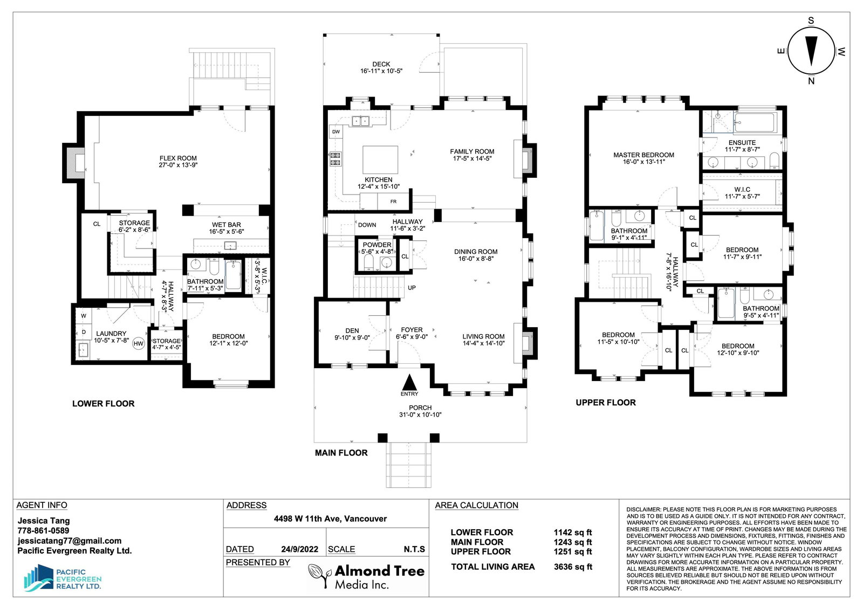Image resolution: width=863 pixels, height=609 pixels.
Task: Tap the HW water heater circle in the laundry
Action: point(138,344)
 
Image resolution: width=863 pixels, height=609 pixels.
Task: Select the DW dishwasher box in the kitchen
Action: point(336,132)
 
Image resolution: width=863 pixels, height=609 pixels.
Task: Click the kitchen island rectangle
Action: point(380,160)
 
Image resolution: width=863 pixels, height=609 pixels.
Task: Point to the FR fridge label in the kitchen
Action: point(393,202)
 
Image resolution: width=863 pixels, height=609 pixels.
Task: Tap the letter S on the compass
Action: point(811,21)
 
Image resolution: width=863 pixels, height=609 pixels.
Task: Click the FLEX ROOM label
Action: point(178,158)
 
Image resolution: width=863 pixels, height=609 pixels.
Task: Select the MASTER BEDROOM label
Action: point(644,155)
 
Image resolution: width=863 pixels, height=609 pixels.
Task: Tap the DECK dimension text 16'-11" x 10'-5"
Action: point(381,71)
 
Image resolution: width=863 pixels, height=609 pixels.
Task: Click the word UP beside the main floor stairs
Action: point(412,288)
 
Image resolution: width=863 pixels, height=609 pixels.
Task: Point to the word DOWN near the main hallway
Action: point(367,225)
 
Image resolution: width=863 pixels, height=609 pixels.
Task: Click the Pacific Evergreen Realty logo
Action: point(63,578)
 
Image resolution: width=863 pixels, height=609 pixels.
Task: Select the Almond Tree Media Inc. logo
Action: point(366,576)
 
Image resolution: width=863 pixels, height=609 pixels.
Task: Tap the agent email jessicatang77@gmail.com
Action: point(70,541)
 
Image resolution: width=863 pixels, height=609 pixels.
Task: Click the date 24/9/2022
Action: point(300,549)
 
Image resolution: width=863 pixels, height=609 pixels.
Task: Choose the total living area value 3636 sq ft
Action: point(573,566)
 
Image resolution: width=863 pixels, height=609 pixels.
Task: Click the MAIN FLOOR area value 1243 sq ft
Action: point(573,542)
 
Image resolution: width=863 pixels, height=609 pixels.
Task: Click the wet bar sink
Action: point(230,245)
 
